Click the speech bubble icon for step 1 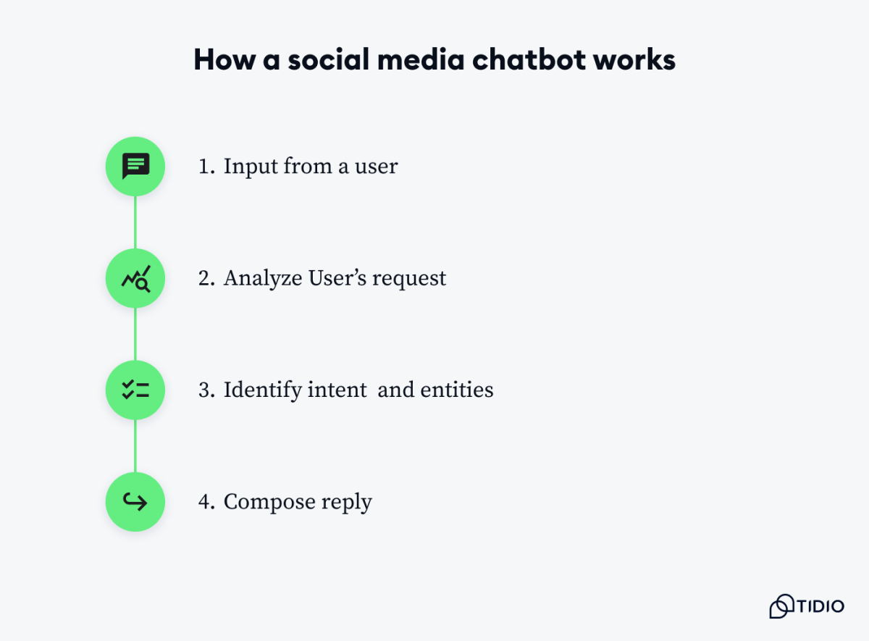point(135,167)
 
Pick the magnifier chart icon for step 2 point(135,278)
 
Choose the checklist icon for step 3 point(135,390)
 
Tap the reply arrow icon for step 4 point(135,502)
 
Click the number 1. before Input point(206,167)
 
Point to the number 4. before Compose point(206,502)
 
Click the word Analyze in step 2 point(263,278)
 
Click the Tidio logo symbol point(781,606)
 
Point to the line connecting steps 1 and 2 point(135,222)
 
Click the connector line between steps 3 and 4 point(135,446)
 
